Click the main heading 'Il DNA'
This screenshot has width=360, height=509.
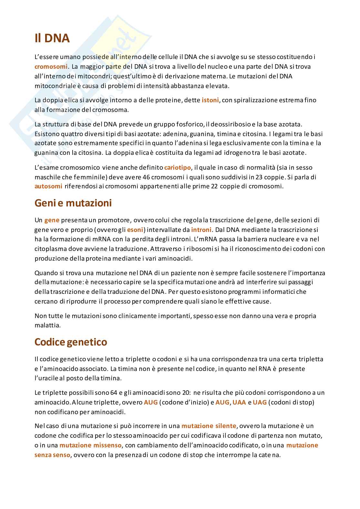click(x=52, y=38)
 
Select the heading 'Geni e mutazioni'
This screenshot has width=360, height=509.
click(x=73, y=203)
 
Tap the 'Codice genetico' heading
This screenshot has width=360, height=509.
click(x=71, y=342)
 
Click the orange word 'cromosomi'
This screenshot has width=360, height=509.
click(x=51, y=66)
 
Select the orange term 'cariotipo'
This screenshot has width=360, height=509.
click(x=177, y=167)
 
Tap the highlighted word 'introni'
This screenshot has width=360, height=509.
click(x=201, y=230)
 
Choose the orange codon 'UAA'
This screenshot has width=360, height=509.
click(x=239, y=402)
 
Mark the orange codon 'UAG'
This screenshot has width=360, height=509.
click(x=260, y=402)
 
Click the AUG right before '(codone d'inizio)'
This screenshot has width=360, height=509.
click(x=151, y=402)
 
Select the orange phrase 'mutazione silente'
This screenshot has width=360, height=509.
click(x=209, y=426)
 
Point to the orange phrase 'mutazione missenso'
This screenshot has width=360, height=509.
click(x=90, y=445)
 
